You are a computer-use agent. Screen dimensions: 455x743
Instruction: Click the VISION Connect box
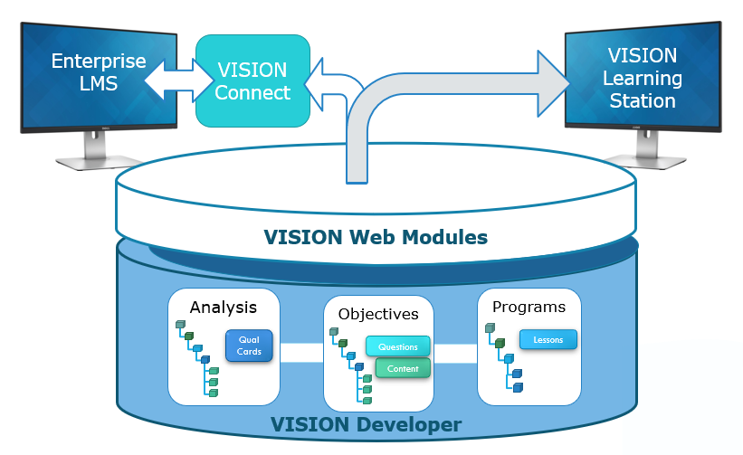tap(252, 81)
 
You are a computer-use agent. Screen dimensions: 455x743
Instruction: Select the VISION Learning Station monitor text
tap(642, 78)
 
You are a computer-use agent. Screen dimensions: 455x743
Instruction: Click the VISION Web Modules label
tap(376, 238)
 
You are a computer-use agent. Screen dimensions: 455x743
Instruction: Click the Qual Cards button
tap(249, 346)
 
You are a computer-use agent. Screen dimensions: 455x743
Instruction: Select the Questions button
tap(397, 346)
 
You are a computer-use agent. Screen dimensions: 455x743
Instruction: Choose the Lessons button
tap(548, 339)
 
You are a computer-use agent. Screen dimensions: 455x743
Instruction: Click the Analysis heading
tap(223, 307)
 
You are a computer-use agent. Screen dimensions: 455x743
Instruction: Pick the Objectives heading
tap(378, 314)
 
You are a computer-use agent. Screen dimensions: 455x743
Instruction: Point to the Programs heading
tap(529, 307)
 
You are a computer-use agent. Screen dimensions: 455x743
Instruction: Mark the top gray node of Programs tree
tap(490, 327)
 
